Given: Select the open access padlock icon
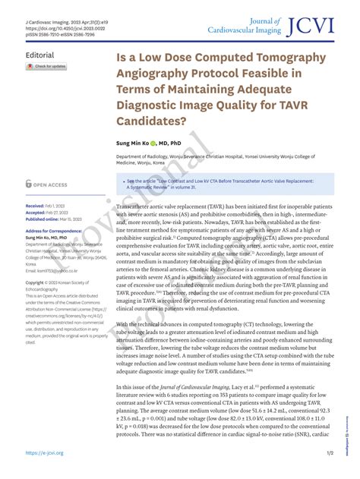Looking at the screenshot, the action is [28, 184].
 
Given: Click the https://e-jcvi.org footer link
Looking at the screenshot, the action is [44, 452].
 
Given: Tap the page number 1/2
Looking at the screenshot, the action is [330, 452].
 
